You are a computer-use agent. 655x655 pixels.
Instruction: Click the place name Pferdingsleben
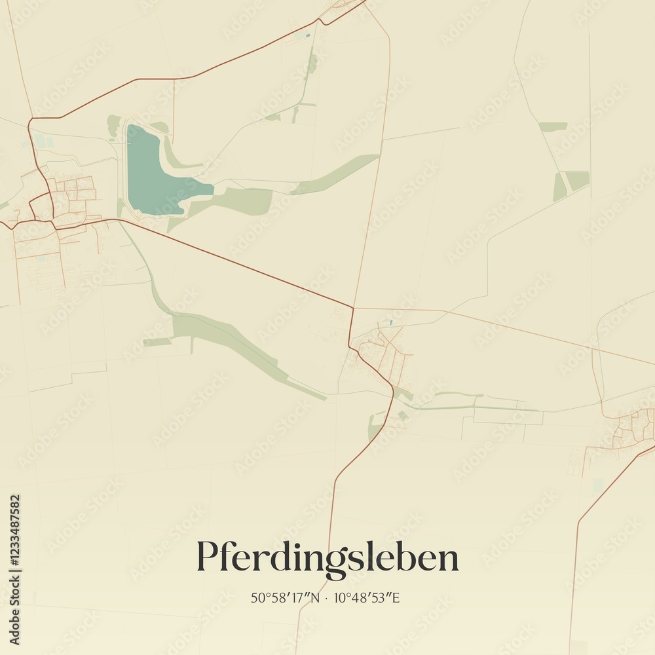(327, 558)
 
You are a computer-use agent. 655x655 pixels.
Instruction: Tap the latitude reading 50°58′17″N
(284, 597)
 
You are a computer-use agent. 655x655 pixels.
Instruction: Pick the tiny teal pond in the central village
(391, 322)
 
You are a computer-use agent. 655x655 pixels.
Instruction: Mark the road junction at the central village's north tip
(353, 308)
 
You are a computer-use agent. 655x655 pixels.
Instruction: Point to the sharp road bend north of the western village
(30, 121)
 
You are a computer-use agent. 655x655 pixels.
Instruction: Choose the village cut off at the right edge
(632, 429)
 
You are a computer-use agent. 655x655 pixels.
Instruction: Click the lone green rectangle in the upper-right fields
(553, 126)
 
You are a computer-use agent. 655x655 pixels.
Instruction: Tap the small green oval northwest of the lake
(115, 124)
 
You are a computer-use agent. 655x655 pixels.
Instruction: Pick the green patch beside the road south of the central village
(375, 426)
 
